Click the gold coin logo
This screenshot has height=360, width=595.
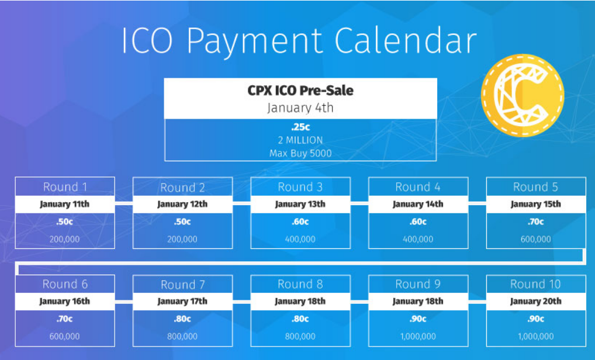(x=523, y=95)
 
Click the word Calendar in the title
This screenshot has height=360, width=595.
(x=405, y=40)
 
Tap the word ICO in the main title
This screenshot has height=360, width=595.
(x=147, y=40)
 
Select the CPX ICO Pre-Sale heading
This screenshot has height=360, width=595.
(x=300, y=90)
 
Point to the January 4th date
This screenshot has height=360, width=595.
(x=300, y=108)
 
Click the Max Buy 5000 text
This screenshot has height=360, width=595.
(x=300, y=153)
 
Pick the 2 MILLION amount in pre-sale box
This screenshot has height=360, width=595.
(x=300, y=140)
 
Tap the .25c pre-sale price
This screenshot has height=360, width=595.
(x=300, y=127)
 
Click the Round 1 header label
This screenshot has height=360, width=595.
(x=65, y=186)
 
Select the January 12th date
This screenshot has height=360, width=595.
(x=182, y=204)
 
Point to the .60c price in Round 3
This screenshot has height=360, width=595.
(x=300, y=221)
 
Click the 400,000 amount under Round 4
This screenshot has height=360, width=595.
(x=418, y=240)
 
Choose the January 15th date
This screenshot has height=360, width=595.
(x=535, y=204)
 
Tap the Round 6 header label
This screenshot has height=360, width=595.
(x=65, y=284)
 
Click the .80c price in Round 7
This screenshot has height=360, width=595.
(x=182, y=319)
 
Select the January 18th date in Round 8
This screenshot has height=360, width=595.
(x=300, y=301)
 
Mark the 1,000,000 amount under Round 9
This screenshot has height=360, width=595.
(x=418, y=337)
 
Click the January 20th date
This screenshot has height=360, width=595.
(x=535, y=301)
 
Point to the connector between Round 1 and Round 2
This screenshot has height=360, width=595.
(x=124, y=204)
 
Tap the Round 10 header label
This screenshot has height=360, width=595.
(x=535, y=284)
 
